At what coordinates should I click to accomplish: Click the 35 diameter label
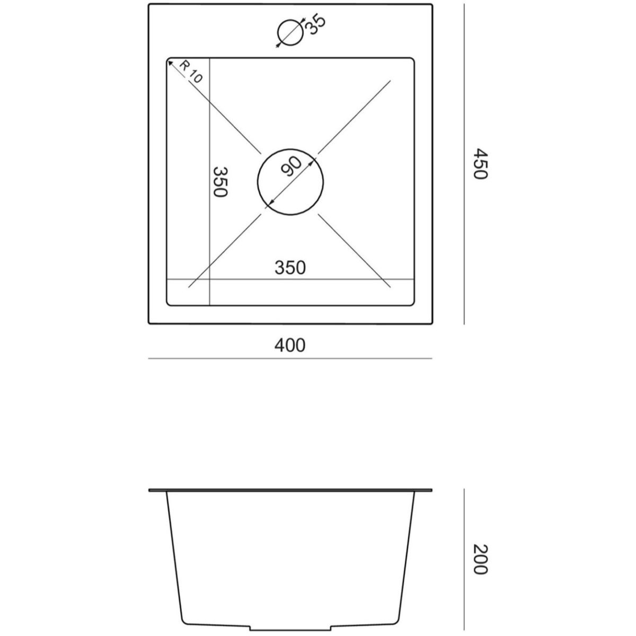pyautogui.click(x=316, y=24)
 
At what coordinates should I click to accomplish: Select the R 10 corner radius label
pyautogui.click(x=190, y=72)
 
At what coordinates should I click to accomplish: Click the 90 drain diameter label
pyautogui.click(x=291, y=166)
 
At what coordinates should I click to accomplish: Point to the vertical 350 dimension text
pyautogui.click(x=219, y=182)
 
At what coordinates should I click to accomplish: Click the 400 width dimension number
pyautogui.click(x=290, y=346)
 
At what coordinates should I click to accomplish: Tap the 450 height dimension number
pyautogui.click(x=480, y=164)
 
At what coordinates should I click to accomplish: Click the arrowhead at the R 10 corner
pyautogui.click(x=170, y=63)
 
